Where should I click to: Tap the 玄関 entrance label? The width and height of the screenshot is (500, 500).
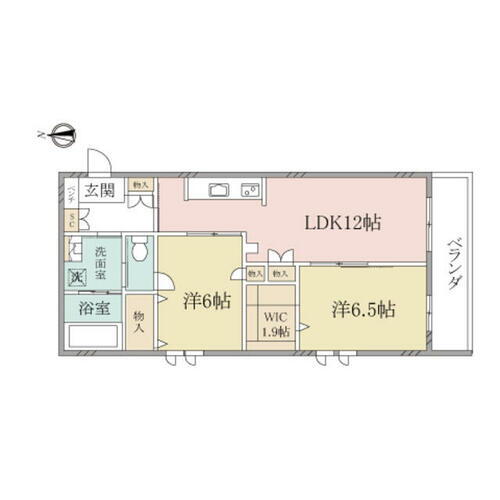[98, 192]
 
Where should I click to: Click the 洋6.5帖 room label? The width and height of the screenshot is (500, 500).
[363, 309]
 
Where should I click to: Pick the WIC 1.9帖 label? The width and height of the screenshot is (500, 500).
[271, 325]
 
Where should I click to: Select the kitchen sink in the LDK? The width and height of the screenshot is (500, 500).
[219, 188]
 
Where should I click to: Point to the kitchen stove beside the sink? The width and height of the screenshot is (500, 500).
[248, 188]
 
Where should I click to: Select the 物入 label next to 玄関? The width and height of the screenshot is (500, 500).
[141, 185]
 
